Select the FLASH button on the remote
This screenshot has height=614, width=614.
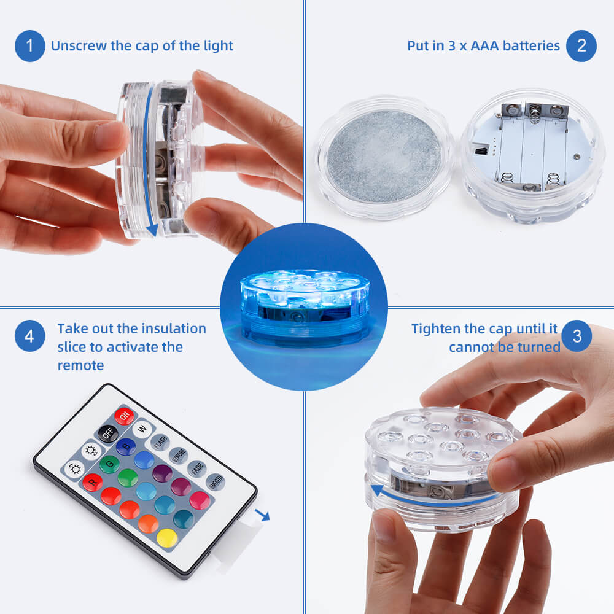coord(160,442)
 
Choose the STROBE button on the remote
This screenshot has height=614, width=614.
coord(178,456)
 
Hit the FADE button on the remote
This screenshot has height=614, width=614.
coord(196,469)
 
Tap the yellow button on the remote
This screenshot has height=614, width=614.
coord(166,538)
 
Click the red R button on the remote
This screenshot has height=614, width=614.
coord(92,482)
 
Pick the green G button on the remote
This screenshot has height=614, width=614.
coord(109,464)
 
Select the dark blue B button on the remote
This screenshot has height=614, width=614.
coord(126,446)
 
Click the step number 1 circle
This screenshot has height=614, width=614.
coord(29,46)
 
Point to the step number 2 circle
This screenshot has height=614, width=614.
coord(581,46)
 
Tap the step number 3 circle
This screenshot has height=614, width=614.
coord(577,336)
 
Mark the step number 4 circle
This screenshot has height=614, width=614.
coord(29,336)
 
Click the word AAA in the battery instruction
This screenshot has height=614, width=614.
coord(487,46)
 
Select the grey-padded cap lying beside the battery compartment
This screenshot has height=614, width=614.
coord(384,156)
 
